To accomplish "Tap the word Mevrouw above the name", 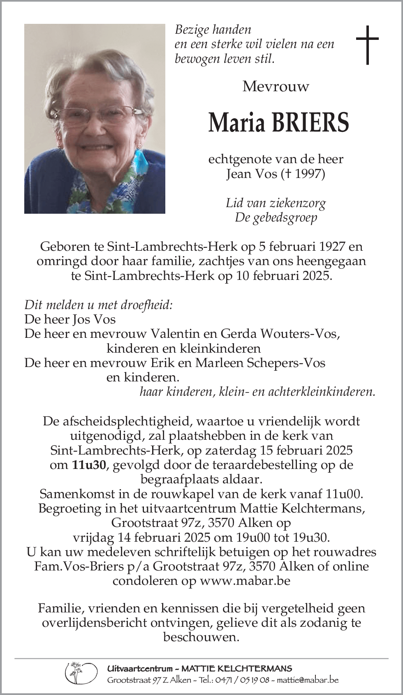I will (x=276, y=86).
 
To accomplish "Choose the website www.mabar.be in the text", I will (x=245, y=581).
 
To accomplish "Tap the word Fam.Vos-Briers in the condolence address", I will (x=79, y=566).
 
